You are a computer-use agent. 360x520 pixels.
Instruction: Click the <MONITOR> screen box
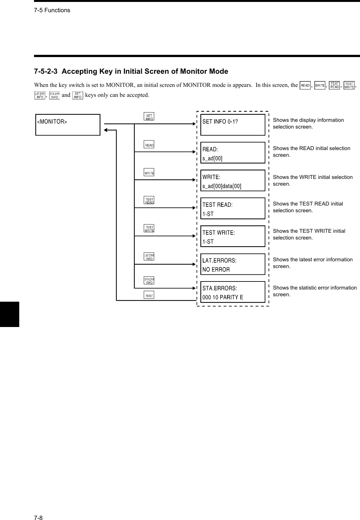68,125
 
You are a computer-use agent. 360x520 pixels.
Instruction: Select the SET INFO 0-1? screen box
233,125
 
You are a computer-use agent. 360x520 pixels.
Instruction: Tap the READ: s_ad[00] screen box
233,153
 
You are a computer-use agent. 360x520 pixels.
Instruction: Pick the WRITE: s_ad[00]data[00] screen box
233,180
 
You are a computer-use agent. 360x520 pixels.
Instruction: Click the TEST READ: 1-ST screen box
233,208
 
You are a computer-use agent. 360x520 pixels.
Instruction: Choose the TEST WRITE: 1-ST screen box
233,236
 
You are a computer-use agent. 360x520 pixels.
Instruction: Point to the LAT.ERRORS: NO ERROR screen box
233,264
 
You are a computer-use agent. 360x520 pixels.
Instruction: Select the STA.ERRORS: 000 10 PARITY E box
233,292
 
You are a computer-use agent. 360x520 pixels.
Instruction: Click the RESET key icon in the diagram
149,295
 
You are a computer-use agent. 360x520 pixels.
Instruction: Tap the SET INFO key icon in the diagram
149,116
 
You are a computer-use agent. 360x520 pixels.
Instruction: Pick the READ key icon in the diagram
149,145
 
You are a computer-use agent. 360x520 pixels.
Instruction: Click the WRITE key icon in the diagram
149,172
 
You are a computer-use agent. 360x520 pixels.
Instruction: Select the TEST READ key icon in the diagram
149,200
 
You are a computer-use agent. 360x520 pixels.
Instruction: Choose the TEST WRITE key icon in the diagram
149,228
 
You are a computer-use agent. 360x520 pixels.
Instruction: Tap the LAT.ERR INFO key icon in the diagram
149,256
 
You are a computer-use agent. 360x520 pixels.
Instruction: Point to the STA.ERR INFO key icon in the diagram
149,281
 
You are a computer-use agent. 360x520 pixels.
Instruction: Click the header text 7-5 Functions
52,10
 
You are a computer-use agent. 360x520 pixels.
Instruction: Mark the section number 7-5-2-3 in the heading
46,71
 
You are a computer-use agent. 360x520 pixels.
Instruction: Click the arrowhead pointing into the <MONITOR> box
106,130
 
